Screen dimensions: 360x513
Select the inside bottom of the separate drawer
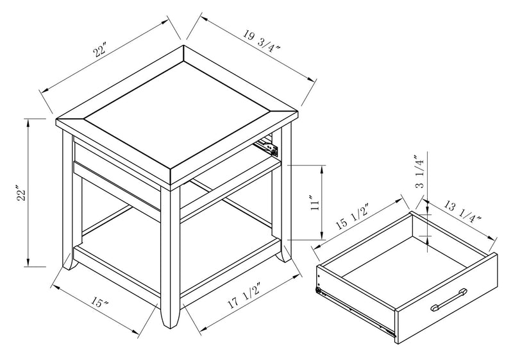coord(398,263)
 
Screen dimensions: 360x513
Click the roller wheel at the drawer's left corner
coord(319,290)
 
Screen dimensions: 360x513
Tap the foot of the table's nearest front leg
coord(169,319)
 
